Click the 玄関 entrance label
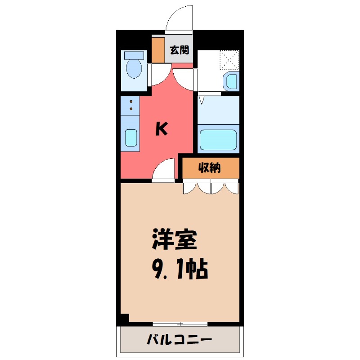point(180,50)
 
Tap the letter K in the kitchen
point(162,130)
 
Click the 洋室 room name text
point(175,239)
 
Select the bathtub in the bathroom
point(218,139)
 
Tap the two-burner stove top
point(130,105)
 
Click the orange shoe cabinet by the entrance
point(158,50)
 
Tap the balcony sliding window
point(180,324)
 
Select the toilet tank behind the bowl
point(134,56)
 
